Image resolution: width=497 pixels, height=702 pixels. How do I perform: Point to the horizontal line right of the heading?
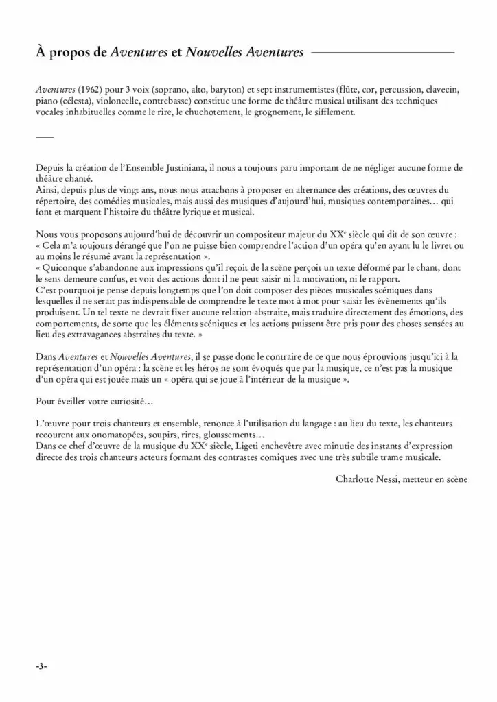(382, 52)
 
